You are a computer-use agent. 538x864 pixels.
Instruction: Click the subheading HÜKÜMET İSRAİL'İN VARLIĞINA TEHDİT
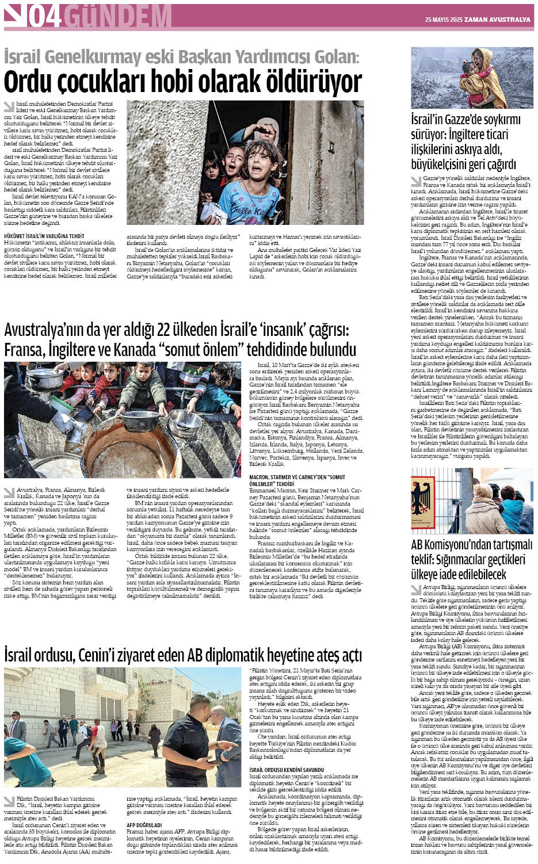pyautogui.click(x=44, y=236)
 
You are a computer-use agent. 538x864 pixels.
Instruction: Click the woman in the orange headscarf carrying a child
pyautogui.click(x=481, y=69)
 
